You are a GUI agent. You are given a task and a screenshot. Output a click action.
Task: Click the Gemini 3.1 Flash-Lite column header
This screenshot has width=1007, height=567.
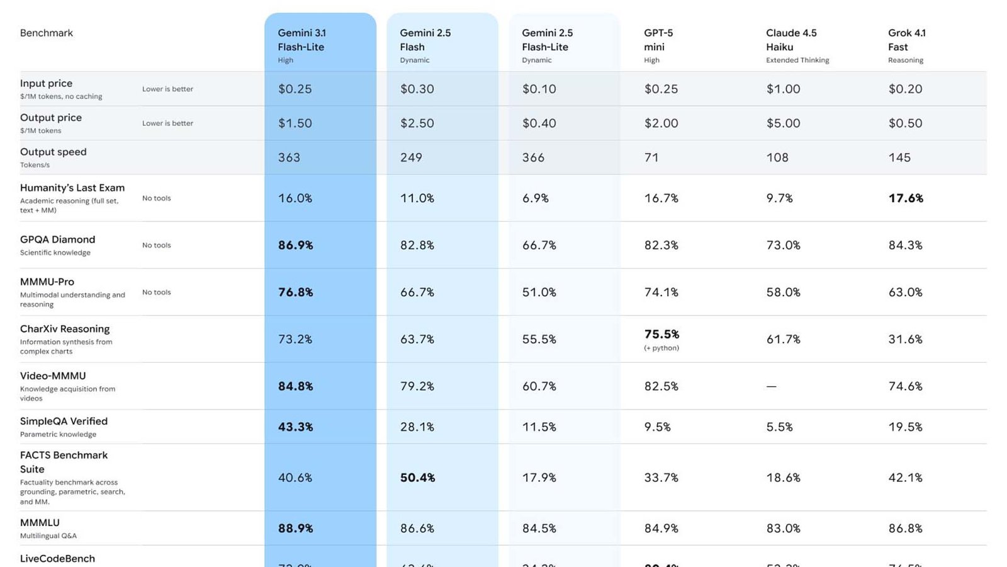tap(301, 40)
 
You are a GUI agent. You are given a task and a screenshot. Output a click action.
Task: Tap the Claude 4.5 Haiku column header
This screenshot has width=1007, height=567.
tap(791, 40)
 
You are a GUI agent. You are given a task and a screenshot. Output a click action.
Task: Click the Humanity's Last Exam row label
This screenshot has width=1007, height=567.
tap(72, 188)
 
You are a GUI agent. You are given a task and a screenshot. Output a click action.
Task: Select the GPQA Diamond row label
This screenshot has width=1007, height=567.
tap(57, 239)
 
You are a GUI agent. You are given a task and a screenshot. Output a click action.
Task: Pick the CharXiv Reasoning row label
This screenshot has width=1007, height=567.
tap(65, 329)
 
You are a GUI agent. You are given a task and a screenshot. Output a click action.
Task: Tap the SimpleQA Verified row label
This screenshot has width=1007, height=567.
tap(64, 421)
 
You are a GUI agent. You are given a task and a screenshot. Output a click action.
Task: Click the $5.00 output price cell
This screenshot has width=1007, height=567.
tap(783, 123)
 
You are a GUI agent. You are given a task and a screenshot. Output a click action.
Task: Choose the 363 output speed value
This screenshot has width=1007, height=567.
tap(289, 157)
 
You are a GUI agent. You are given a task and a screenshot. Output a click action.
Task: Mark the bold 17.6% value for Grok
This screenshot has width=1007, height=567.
tap(906, 198)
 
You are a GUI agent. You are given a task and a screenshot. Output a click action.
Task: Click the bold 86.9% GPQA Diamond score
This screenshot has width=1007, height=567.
tap(295, 245)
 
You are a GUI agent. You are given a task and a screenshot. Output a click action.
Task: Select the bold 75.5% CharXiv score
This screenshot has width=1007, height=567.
tap(661, 335)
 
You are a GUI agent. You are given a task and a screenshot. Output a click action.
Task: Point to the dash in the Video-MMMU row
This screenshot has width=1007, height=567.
tap(771, 386)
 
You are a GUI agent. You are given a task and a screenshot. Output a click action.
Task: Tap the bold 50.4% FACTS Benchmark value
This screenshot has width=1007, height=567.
tap(417, 478)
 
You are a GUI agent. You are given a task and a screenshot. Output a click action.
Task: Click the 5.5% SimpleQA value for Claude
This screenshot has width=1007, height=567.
tap(779, 427)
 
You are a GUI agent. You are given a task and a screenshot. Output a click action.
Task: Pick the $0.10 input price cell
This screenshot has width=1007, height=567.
tap(539, 89)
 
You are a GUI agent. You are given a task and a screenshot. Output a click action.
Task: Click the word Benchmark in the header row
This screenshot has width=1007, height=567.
tap(47, 33)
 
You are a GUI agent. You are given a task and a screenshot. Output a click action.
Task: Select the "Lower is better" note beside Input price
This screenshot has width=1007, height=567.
tap(167, 89)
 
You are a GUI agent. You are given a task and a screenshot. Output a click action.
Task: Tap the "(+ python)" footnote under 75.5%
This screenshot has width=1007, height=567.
tap(661, 348)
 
